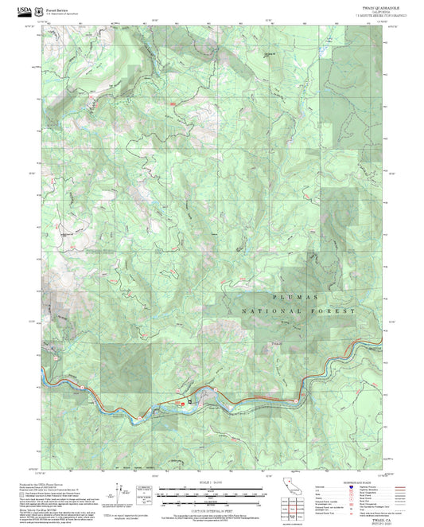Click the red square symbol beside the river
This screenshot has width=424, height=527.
[x=189, y=404]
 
